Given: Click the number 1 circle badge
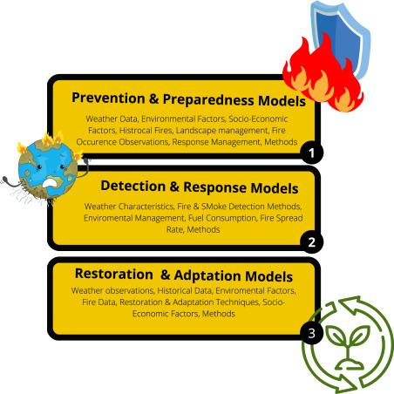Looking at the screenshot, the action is (311, 153).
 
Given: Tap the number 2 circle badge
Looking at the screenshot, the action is (311, 242).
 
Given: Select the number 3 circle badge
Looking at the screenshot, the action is (311, 333).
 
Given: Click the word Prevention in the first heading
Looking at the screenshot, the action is (108, 98).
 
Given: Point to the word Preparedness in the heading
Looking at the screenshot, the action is (208, 99).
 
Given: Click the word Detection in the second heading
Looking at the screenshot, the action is (132, 186).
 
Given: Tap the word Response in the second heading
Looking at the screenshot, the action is (215, 187).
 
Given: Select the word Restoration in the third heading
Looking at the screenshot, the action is (114, 274).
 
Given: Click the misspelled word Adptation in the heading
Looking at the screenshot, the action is (207, 275).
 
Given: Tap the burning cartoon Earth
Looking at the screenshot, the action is (48, 168).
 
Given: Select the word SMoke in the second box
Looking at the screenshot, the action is (214, 207).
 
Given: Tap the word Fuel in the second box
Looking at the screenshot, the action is (194, 218).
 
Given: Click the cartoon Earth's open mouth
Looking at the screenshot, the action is (49, 183).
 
